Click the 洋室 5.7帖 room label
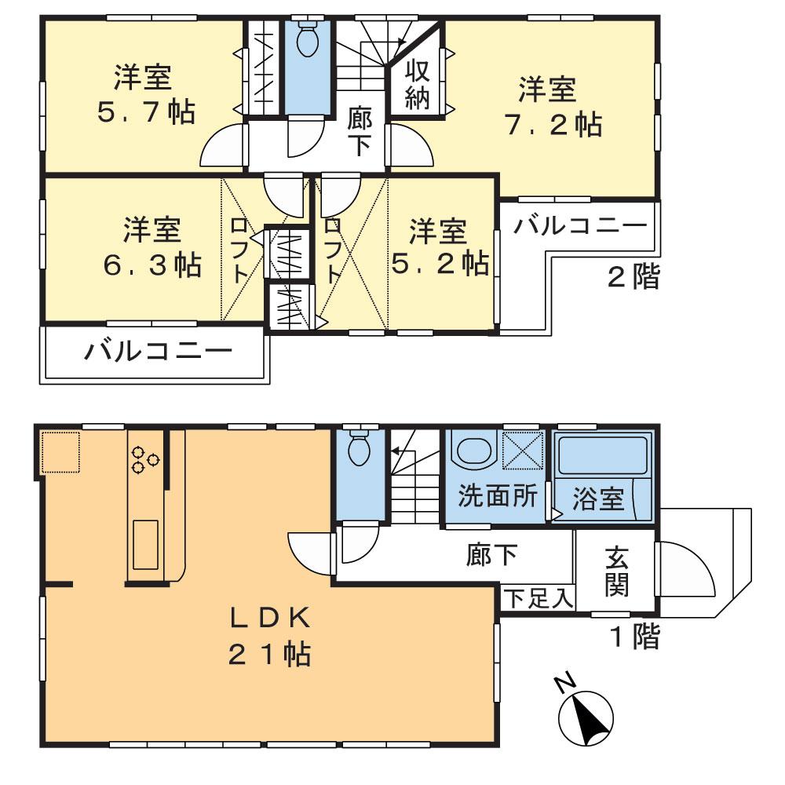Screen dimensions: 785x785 (x=146, y=95)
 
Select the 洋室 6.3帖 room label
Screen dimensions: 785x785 (x=152, y=247)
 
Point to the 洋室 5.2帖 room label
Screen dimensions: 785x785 (x=440, y=247)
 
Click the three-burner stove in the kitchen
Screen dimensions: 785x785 (x=144, y=458)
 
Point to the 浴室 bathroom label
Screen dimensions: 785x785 (x=598, y=499)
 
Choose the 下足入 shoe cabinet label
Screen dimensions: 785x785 (x=539, y=598)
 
